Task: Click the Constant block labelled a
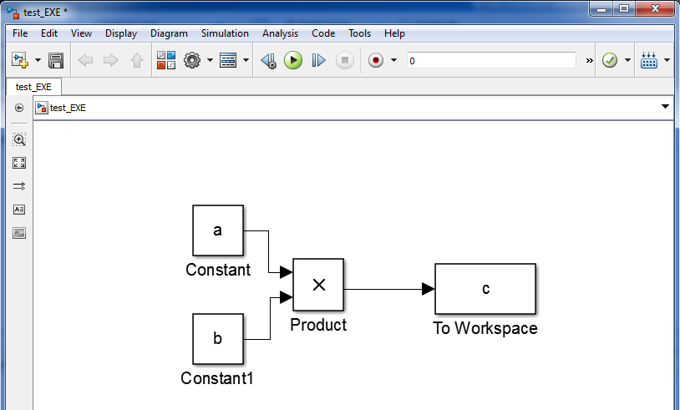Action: point(218,230)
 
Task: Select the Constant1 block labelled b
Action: point(218,339)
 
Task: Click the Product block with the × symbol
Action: point(317,285)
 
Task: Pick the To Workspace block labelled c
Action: point(485,289)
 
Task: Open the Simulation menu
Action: point(225,33)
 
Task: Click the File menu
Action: point(21,33)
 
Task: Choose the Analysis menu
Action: point(280,33)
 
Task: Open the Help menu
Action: point(394,33)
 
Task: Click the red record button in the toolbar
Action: point(375,60)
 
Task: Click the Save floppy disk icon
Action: point(56,60)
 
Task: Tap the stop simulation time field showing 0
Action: point(491,60)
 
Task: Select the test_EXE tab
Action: point(33,86)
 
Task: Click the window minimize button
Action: point(600,9)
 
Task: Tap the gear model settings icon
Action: point(192,60)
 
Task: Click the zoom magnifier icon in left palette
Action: point(19,139)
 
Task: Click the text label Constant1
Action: point(217,378)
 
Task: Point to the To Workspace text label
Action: point(485,328)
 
